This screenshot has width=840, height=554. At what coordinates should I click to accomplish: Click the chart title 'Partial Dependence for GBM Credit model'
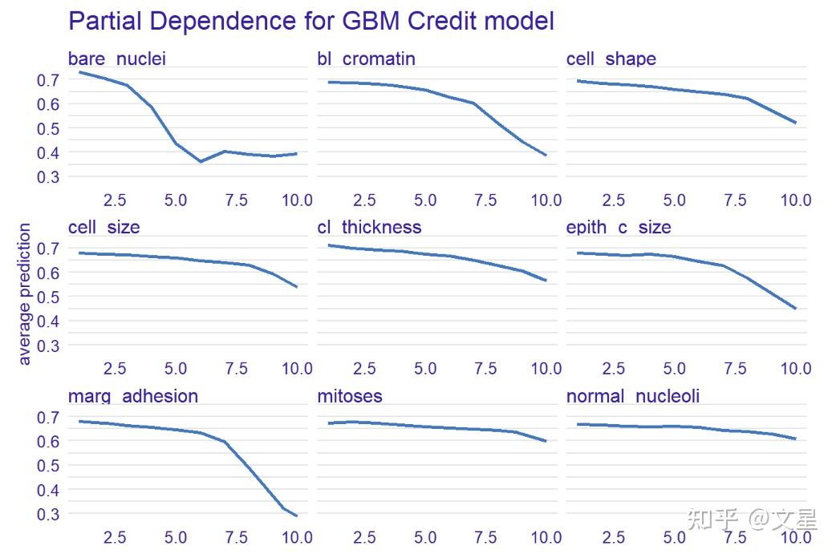pos(311,21)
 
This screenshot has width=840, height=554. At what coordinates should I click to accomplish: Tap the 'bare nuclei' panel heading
pos(117,59)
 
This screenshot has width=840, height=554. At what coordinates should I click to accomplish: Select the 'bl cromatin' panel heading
pos(366,59)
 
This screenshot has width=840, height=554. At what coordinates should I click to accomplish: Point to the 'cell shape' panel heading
pos(611,59)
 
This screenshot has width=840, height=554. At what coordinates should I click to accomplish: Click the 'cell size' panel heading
pos(103,228)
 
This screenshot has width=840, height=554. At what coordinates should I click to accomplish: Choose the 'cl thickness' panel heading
pos(369,228)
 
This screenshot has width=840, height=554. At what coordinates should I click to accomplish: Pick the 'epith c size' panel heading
pos(618,228)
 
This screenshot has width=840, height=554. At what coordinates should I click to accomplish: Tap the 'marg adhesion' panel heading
pos(133,396)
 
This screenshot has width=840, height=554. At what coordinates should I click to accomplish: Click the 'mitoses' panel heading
pos(350,396)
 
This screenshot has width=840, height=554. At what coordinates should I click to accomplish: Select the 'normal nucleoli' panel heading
pos(632,396)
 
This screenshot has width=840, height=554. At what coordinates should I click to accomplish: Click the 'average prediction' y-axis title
pos(25,295)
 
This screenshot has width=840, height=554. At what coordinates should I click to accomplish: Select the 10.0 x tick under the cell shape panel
pos(796,200)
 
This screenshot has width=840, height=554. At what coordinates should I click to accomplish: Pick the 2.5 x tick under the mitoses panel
pos(364,537)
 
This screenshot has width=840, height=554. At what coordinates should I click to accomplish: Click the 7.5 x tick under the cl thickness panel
pos(485,369)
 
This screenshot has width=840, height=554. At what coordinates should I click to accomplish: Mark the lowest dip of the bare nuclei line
pos(200,161)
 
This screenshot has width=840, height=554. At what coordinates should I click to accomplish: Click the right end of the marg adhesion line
pos(297,516)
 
